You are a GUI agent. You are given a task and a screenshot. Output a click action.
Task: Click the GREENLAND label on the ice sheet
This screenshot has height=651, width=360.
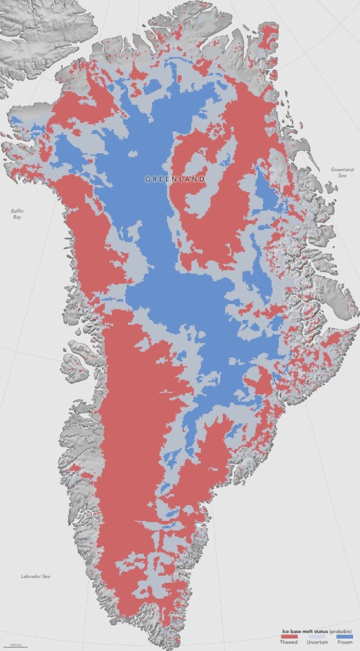click(x=175, y=179)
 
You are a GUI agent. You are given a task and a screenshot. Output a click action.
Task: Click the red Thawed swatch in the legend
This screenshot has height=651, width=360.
click(x=290, y=637)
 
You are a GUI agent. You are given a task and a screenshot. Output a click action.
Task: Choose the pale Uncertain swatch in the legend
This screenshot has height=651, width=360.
click(x=316, y=637)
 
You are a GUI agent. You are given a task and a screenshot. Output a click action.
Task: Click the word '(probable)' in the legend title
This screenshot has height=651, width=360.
click(x=340, y=631)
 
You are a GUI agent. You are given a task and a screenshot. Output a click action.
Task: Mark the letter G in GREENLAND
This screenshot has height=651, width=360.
click(x=147, y=179)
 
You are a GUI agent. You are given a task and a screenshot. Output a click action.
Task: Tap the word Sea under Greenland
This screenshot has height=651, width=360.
click(x=342, y=176)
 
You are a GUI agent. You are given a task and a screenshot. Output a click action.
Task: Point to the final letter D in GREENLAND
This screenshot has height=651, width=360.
click(x=203, y=179)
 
